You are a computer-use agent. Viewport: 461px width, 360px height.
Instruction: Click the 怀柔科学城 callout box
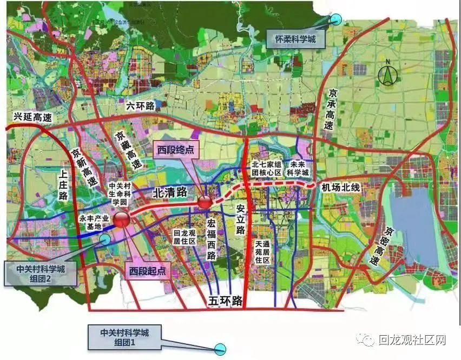293,39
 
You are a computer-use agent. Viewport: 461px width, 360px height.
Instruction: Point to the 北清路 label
170,191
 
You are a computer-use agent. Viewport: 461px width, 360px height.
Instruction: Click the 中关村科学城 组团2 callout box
39,272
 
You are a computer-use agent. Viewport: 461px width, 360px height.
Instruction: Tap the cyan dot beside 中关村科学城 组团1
220,349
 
